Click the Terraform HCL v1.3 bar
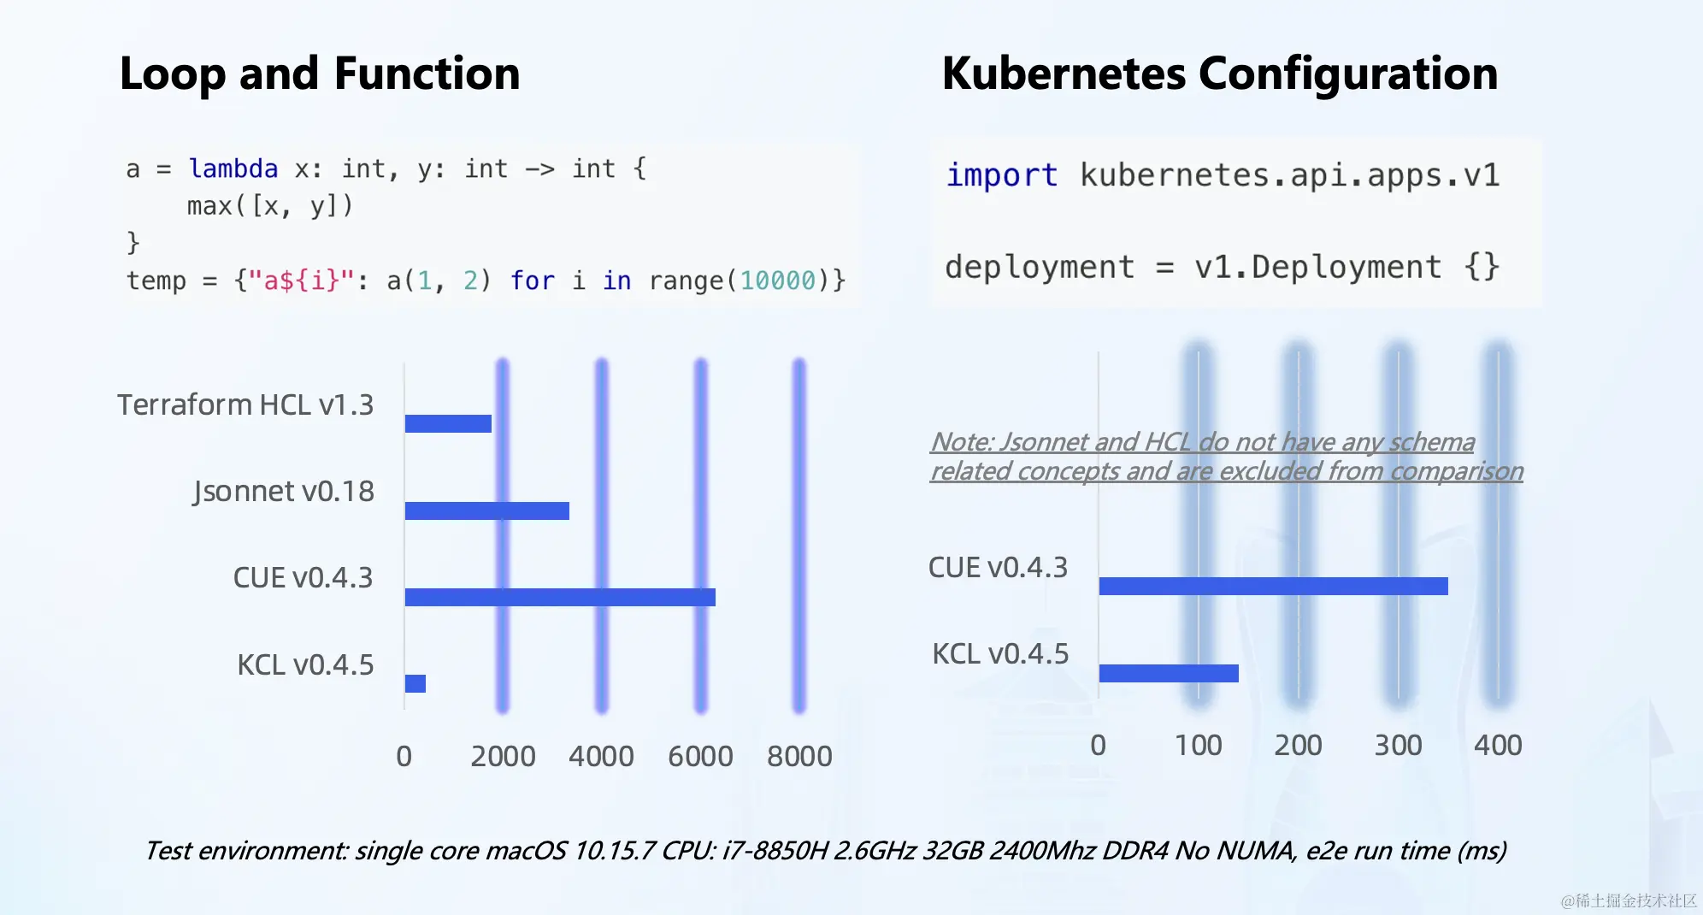click(448, 423)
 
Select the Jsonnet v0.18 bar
click(487, 511)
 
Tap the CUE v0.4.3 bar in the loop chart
click(560, 597)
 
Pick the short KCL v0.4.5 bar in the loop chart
click(415, 683)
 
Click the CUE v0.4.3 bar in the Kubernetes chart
click(1274, 586)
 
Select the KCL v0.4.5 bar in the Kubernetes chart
click(1169, 673)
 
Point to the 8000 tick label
click(799, 757)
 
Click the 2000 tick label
click(503, 757)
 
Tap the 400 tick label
click(1498, 746)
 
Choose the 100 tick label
click(1198, 746)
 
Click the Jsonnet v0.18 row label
click(283, 492)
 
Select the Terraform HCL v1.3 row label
click(245, 404)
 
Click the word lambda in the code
click(233, 168)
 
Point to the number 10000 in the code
click(777, 280)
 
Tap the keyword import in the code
click(1002, 175)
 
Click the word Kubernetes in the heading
click(1064, 74)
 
